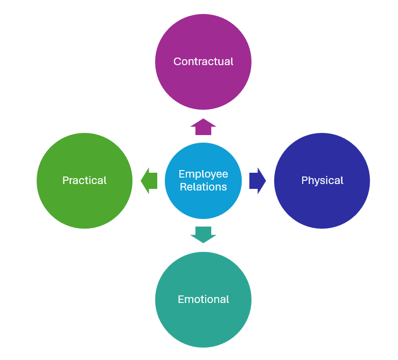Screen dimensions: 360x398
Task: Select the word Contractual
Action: [x=203, y=61]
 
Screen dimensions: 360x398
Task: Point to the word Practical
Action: [x=85, y=180]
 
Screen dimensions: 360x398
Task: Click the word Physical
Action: [x=322, y=180]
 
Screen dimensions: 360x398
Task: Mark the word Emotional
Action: [x=203, y=299]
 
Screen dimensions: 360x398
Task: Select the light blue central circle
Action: [x=203, y=202]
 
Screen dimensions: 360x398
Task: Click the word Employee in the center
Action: [x=203, y=174]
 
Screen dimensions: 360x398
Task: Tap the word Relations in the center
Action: [x=204, y=187]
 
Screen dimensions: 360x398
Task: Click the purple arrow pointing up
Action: [x=203, y=126]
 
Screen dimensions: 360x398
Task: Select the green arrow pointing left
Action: [x=149, y=180]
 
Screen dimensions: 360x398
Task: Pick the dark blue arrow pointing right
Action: [x=257, y=180]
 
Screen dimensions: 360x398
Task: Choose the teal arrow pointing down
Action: [x=203, y=235]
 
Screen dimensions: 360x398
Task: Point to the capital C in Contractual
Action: [x=177, y=61]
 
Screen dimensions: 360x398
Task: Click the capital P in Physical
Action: [x=304, y=180]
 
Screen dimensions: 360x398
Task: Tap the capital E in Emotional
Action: [x=180, y=299]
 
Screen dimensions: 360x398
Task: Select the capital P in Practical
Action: [x=65, y=180]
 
